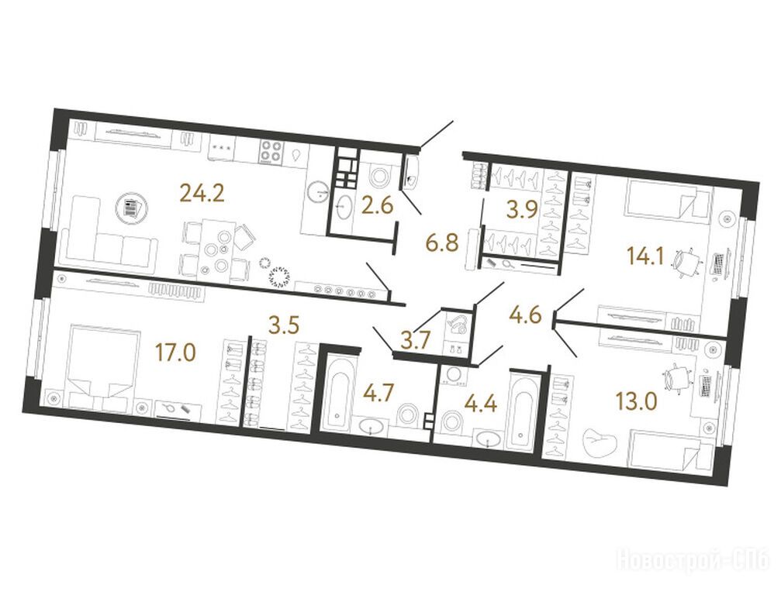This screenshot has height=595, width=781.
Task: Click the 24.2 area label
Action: (202, 193)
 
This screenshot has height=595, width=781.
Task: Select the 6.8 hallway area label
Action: (442, 244)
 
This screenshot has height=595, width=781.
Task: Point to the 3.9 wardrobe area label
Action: (521, 211)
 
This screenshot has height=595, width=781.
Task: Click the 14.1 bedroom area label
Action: (646, 258)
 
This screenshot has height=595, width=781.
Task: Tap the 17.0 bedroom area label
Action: (175, 354)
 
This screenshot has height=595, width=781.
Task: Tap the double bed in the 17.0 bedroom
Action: (102, 361)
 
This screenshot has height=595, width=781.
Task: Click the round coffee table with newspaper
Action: (130, 208)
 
